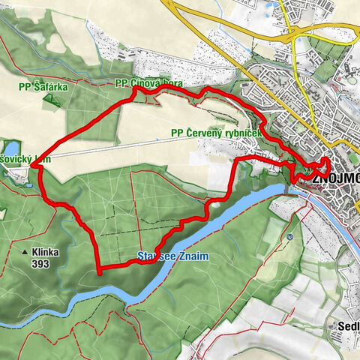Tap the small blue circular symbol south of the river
pos(289,238)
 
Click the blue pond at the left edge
pos(10,148)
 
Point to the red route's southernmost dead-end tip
pos(100,274)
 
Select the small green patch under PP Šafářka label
pos(48,98)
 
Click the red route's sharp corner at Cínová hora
pos(134,89)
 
